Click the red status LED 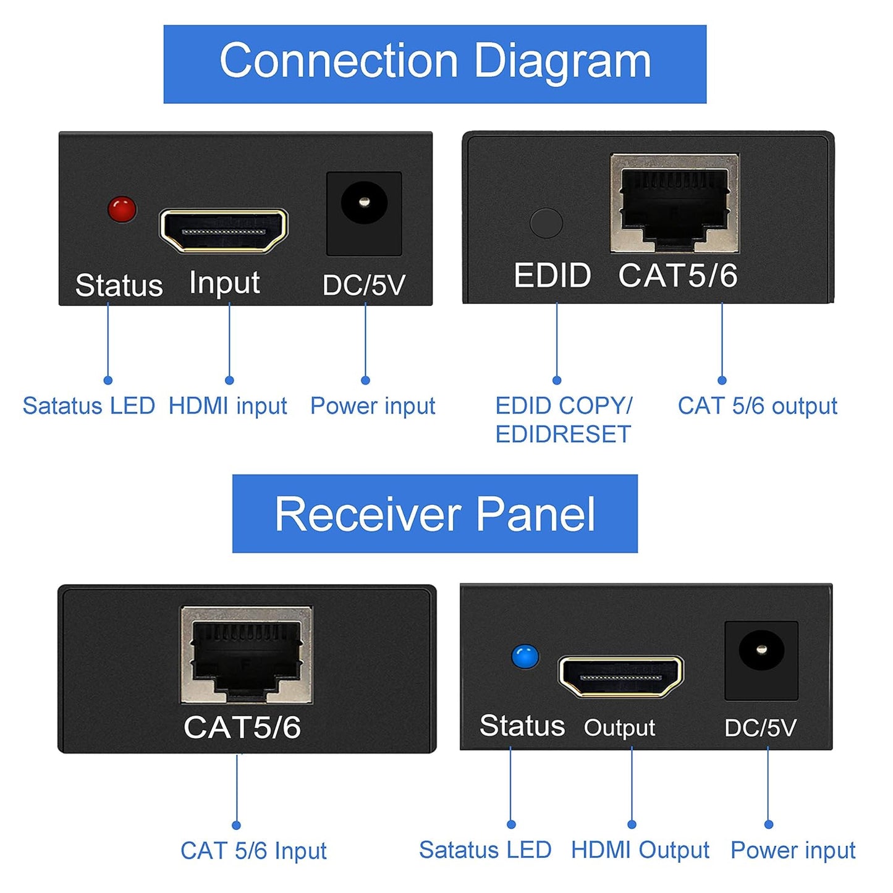(122, 209)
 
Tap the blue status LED (525, 657)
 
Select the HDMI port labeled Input (224, 231)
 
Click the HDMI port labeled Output (620, 677)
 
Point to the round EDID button (546, 222)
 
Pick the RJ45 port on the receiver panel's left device (247, 655)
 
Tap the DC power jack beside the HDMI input (364, 203)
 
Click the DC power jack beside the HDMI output (761, 651)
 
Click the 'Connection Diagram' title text (435, 62)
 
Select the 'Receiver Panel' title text (435, 514)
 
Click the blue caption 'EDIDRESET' (563, 434)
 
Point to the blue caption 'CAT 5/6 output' (757, 406)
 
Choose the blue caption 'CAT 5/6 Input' (253, 851)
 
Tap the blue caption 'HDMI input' (227, 406)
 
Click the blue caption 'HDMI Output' (640, 850)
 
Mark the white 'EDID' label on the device (552, 276)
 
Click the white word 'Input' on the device (224, 283)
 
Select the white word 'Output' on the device (619, 728)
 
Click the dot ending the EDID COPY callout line (557, 380)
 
